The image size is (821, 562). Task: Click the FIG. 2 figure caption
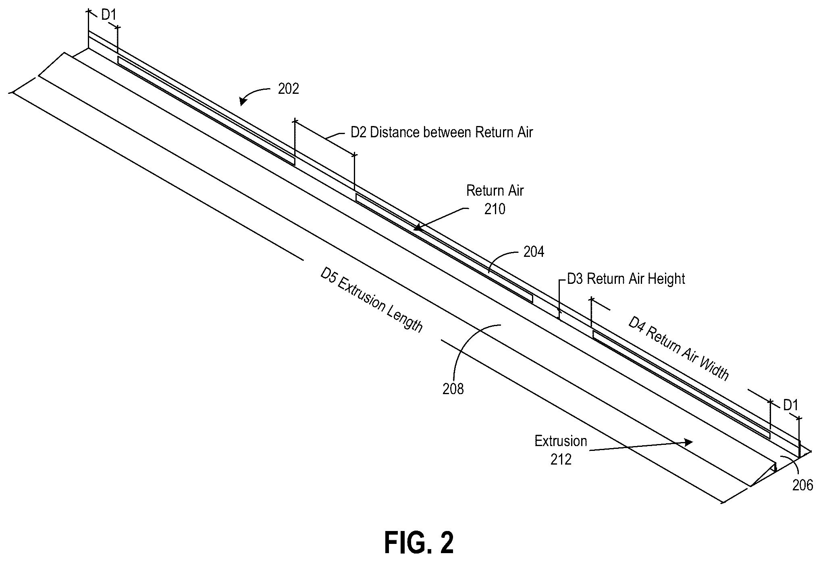[419, 543]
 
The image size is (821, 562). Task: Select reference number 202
[289, 89]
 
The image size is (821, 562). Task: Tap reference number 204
[534, 252]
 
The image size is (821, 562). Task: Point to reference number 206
[803, 486]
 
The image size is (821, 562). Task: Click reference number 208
[453, 389]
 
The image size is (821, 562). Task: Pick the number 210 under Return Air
[495, 209]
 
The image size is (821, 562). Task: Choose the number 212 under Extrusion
[561, 459]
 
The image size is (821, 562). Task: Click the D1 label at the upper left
[108, 15]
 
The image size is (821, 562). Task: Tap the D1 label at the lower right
[790, 405]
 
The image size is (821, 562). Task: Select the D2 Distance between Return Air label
[442, 132]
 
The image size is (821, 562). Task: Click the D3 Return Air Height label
[626, 279]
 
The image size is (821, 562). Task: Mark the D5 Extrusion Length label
[372, 300]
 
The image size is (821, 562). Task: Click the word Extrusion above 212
[561, 441]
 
